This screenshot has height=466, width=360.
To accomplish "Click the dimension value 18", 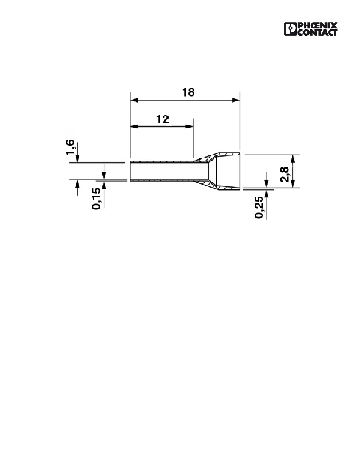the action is pos(188,92).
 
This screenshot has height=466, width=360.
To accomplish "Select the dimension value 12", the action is pos(163,119).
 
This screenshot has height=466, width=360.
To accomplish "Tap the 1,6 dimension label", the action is pos(70,147).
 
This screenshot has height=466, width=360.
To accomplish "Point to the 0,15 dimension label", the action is pos(97,199).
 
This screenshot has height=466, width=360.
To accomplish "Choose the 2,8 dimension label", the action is pos(284,174).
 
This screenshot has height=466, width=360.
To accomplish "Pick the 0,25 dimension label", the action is pos(259,208).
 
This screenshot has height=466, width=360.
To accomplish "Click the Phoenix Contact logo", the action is pos(310,29).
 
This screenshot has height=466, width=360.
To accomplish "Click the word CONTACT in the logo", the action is pos(317,32).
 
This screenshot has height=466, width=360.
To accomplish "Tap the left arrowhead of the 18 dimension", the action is pos(134,100).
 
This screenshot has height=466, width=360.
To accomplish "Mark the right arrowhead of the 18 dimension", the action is pos(236,100).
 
